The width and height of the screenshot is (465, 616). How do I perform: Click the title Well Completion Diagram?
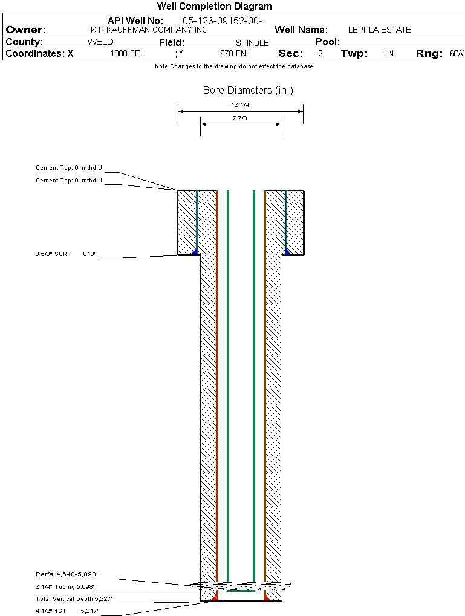pyautogui.click(x=215, y=6)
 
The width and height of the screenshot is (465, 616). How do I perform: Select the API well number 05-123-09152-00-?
pyautogui.click(x=223, y=21)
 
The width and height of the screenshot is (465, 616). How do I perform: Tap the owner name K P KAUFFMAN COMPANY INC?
pyautogui.click(x=149, y=30)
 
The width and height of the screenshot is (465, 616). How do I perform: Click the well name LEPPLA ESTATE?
pyautogui.click(x=379, y=30)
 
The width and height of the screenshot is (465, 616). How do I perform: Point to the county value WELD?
pyautogui.click(x=100, y=42)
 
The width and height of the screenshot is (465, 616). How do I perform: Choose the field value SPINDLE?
pyautogui.click(x=252, y=43)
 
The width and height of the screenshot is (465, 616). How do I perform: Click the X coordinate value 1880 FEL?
pyautogui.click(x=128, y=53)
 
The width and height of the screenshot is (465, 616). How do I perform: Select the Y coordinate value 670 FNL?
pyautogui.click(x=235, y=53)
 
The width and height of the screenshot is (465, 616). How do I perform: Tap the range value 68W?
pyautogui.click(x=457, y=53)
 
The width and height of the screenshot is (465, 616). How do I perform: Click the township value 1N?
pyautogui.click(x=389, y=53)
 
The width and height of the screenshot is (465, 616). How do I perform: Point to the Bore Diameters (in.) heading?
pyautogui.click(x=249, y=91)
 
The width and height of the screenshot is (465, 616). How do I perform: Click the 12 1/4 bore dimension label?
pyautogui.click(x=240, y=105)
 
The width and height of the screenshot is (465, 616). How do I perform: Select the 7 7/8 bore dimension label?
pyautogui.click(x=239, y=118)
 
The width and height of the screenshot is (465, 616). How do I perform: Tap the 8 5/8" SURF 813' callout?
pyautogui.click(x=65, y=254)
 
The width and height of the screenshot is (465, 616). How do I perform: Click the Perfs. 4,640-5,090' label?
pyautogui.click(x=67, y=574)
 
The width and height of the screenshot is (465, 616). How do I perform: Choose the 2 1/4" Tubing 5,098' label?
pyautogui.click(x=65, y=587)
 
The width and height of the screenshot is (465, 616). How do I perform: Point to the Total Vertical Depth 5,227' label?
pyautogui.click(x=74, y=599)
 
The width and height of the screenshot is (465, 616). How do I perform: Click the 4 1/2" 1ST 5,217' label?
pyautogui.click(x=67, y=611)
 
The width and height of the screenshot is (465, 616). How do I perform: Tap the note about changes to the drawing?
pyautogui.click(x=234, y=66)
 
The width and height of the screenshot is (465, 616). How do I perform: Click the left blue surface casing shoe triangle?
pyautogui.click(x=195, y=252)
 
